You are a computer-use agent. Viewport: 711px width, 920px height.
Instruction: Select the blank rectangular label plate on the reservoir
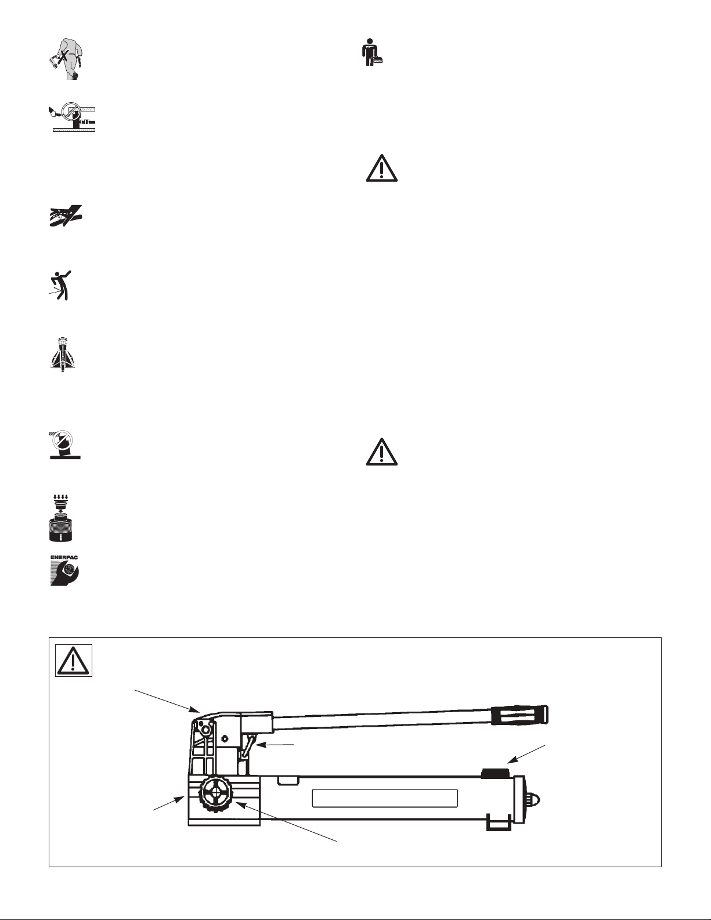pyautogui.click(x=385, y=798)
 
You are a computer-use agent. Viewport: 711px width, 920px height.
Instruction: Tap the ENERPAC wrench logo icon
pyautogui.click(x=64, y=571)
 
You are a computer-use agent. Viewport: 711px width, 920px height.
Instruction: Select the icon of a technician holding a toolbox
pyautogui.click(x=373, y=52)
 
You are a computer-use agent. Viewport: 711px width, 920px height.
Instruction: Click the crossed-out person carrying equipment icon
pyautogui.click(x=64, y=59)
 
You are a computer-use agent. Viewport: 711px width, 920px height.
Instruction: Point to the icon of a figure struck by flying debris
pyautogui.click(x=60, y=286)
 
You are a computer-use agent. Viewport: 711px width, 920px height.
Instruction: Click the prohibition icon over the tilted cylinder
pyautogui.click(x=65, y=445)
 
